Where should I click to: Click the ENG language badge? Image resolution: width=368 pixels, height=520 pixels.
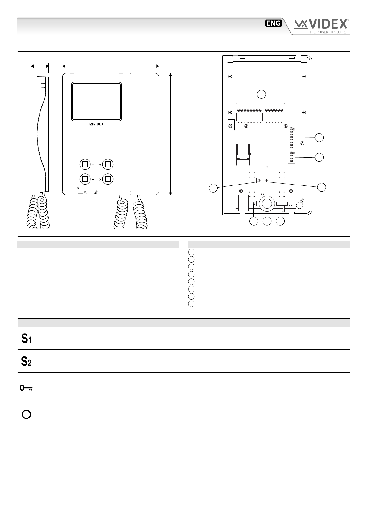point(274,23)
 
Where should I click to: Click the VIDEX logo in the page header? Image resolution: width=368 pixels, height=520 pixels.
point(321,25)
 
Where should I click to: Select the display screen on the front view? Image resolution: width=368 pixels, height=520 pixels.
point(96,101)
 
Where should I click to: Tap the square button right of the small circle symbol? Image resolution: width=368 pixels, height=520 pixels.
point(108,179)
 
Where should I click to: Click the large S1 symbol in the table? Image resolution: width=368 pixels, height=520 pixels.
point(26,339)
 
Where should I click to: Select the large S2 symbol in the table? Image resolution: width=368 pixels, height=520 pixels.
point(26,361)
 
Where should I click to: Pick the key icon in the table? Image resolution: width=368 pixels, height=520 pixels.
point(26,388)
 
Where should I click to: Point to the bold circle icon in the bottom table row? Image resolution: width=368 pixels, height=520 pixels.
point(26,414)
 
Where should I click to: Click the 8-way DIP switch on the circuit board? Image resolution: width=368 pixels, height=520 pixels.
point(291,138)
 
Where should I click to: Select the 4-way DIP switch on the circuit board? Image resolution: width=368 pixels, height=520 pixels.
point(291,157)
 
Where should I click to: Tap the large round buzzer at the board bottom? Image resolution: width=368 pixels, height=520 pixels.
point(266,204)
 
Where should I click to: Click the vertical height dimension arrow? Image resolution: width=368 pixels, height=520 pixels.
point(170,134)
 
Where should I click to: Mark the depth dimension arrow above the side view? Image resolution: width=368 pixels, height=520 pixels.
point(40,65)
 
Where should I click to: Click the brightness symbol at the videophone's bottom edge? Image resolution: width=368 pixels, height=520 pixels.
point(97,192)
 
